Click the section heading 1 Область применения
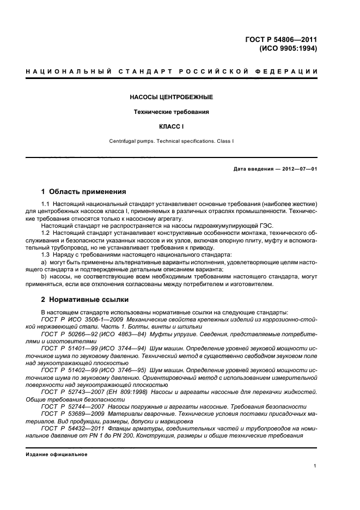click(x=84, y=192)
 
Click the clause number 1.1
click(x=45, y=204)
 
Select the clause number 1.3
click(x=45, y=254)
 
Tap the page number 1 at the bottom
click(x=315, y=466)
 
